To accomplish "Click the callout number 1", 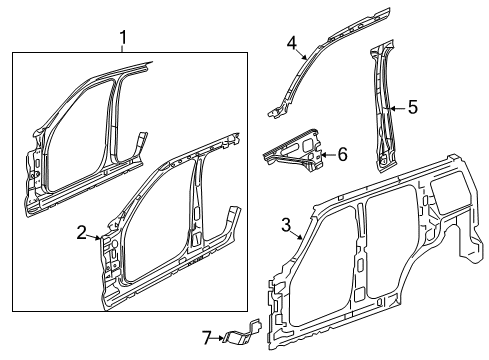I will coord(123,40).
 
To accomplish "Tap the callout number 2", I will coord(82,233).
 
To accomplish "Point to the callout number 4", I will coord(292,42).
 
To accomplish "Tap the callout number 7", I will coord(207,338).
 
